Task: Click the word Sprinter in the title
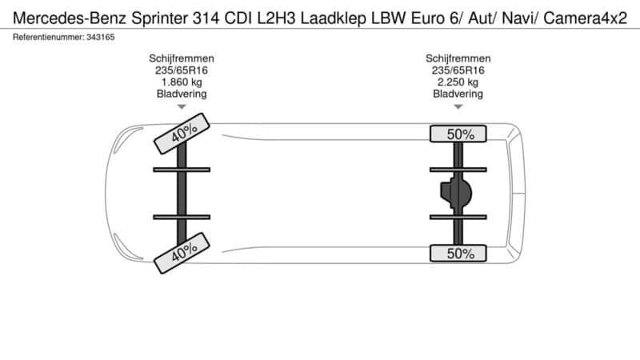coord(159,18)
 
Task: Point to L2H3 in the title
coord(276,18)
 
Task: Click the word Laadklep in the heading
coord(333,18)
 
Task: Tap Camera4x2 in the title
coord(586,18)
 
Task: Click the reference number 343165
coord(101,37)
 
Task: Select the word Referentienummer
coord(48,37)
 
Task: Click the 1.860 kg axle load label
coord(182,82)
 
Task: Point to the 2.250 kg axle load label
coord(458,82)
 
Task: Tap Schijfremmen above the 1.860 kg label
coord(182,58)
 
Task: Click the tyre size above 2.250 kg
coord(458,70)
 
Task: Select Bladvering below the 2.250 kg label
coord(458,94)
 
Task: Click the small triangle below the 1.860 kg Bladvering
coord(182,107)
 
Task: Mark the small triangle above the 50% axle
coord(458,107)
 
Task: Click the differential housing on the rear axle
coord(456,193)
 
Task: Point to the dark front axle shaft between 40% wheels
coord(182,193)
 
